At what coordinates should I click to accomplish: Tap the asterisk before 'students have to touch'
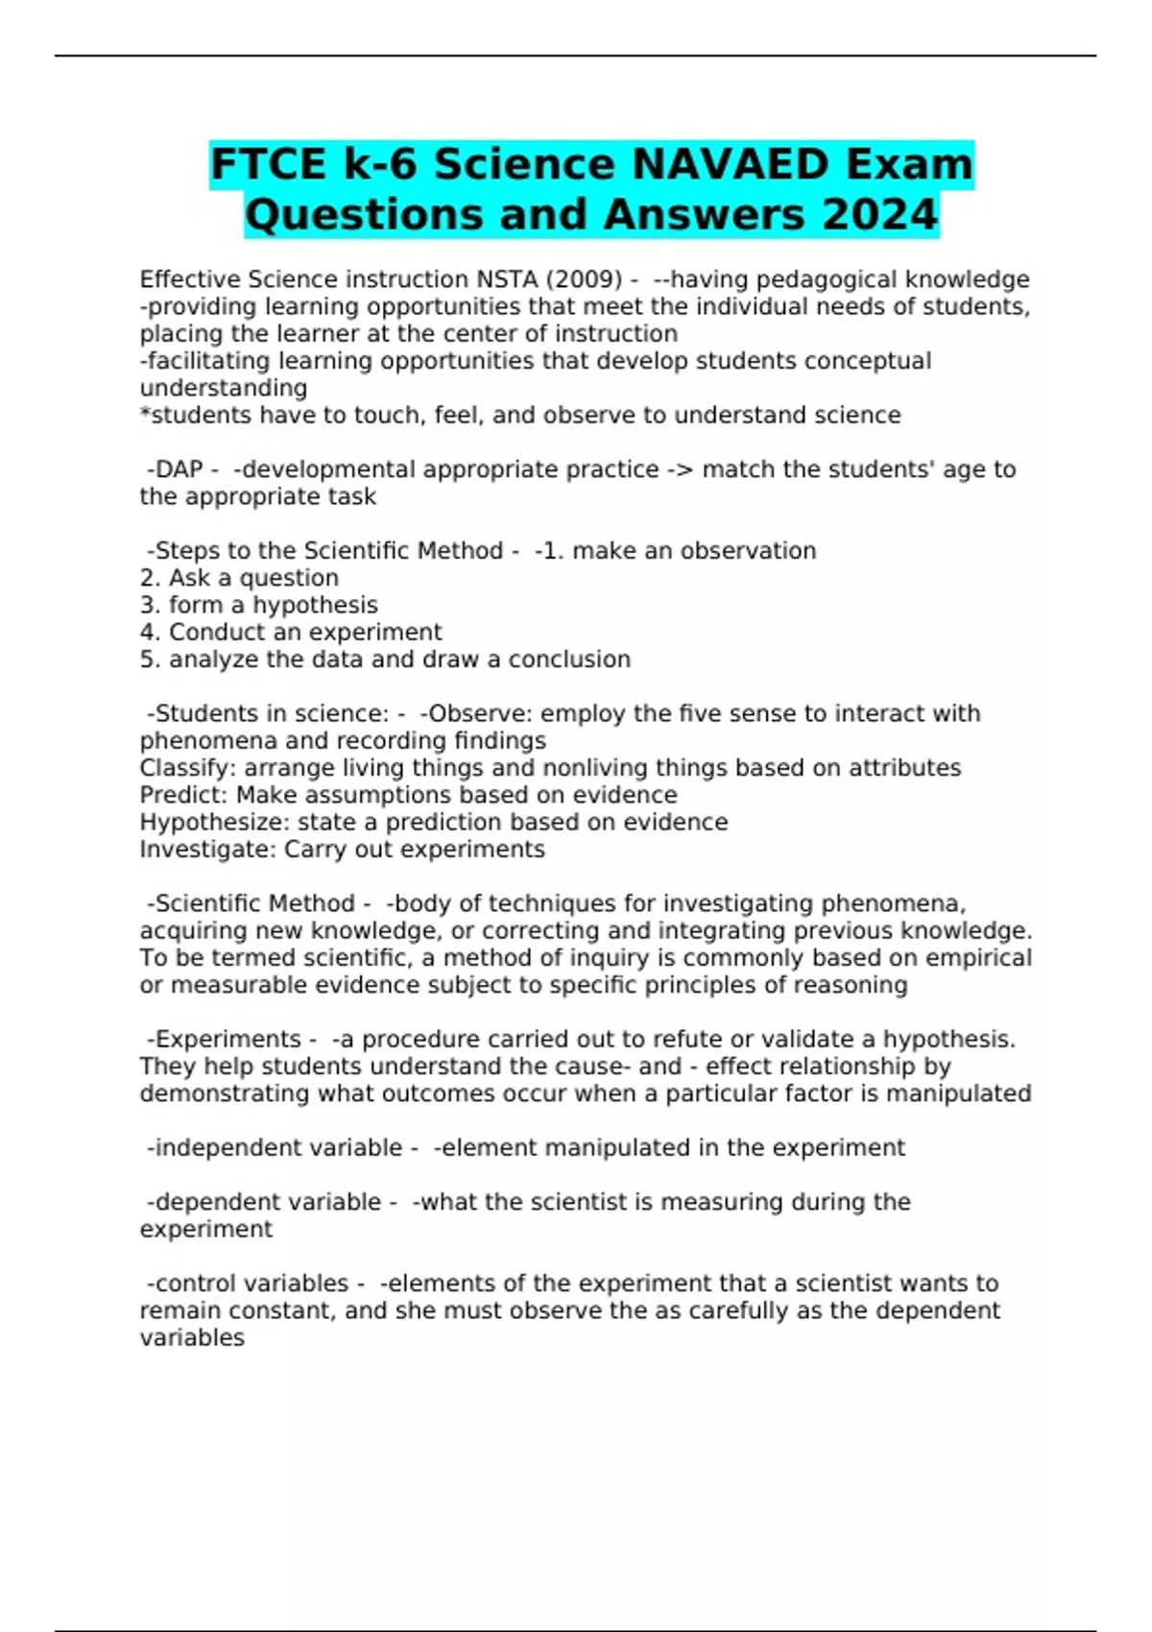click(x=145, y=414)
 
